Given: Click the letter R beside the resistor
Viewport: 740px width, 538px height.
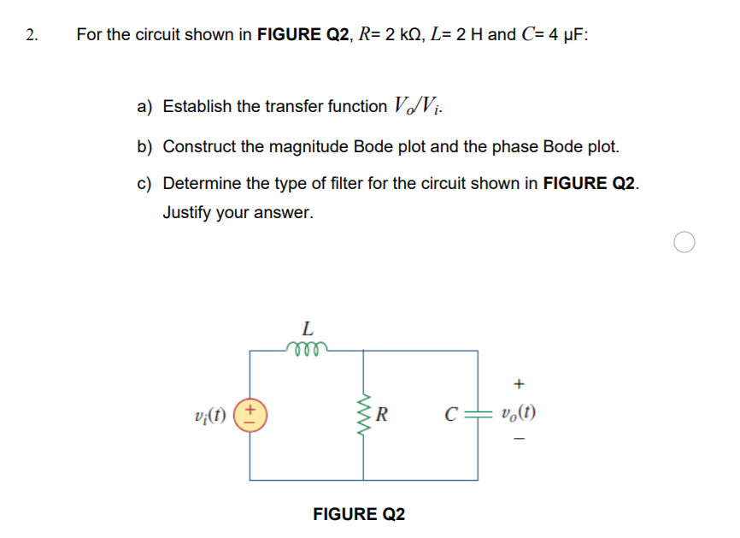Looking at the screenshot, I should (384, 417).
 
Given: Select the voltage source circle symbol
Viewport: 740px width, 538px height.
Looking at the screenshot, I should (250, 417).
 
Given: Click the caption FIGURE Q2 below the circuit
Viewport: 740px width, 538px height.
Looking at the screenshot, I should (359, 514).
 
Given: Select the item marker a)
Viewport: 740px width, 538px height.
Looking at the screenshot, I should (144, 107).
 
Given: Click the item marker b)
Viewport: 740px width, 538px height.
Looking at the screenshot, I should (144, 146).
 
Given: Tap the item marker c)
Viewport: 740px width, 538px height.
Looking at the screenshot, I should (144, 185).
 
